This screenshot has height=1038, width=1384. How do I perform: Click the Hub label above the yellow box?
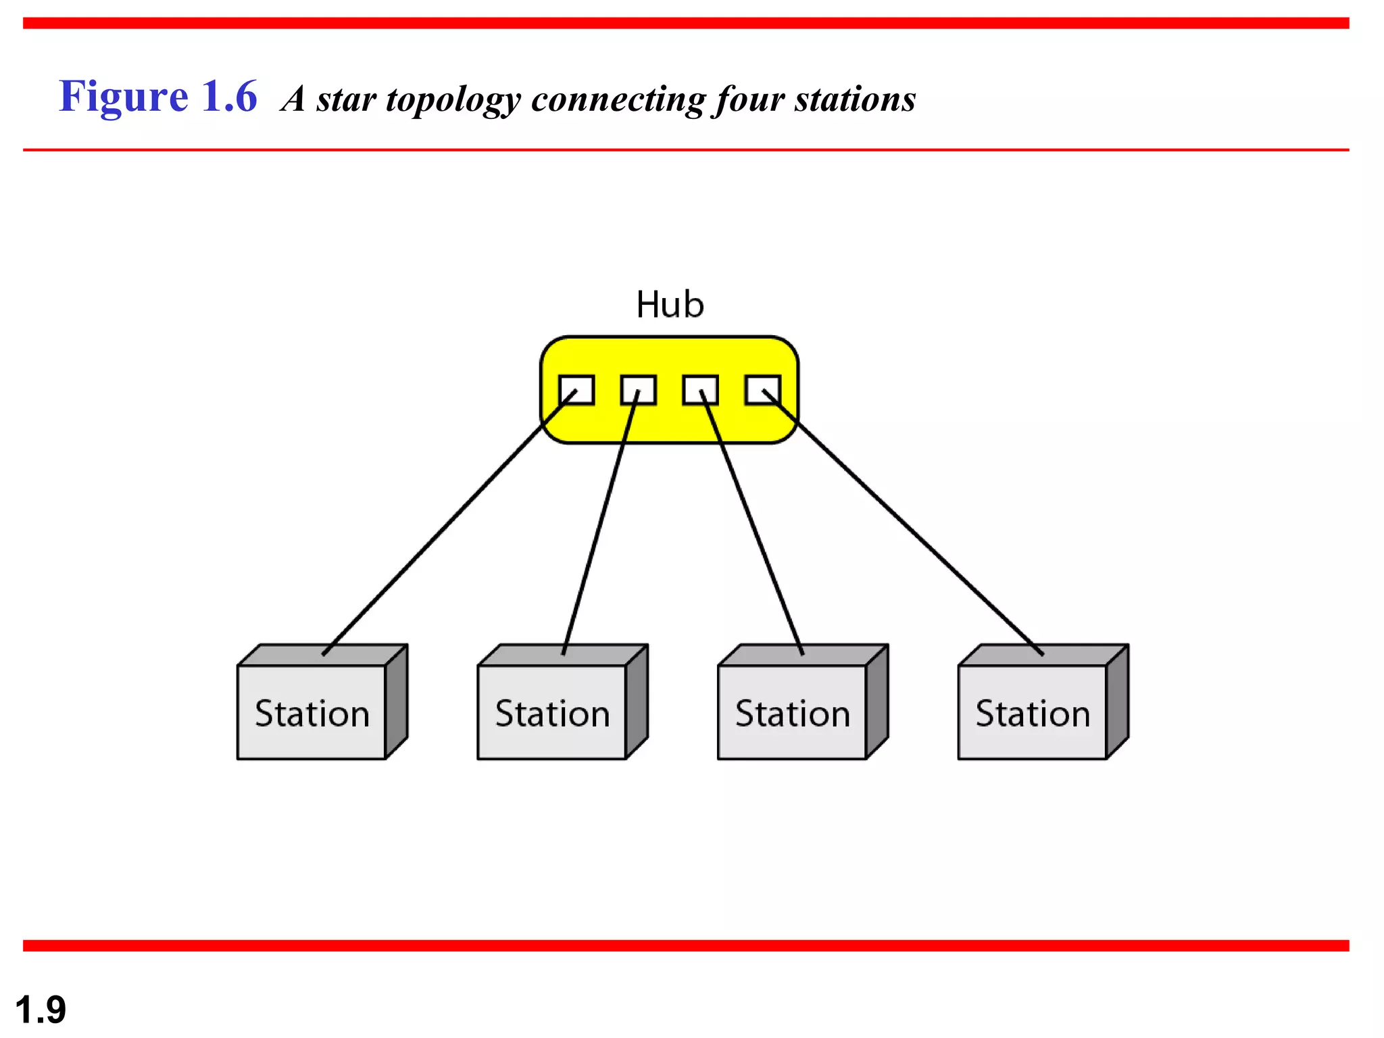tap(670, 305)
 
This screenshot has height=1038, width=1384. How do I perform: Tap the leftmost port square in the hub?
tap(576, 390)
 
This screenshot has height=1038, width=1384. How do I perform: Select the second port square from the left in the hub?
tap(638, 390)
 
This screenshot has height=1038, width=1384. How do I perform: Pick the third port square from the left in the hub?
tap(700, 390)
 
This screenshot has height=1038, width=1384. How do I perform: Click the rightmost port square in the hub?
tap(762, 390)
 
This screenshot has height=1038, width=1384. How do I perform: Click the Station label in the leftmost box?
tap(312, 714)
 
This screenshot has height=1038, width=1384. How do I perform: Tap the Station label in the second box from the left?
tap(552, 714)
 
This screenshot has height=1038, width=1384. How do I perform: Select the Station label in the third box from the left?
tap(793, 714)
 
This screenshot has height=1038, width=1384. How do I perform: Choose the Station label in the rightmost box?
tap(1033, 714)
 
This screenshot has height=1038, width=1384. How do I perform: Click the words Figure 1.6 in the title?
tap(158, 97)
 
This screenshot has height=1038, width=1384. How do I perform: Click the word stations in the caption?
tap(855, 99)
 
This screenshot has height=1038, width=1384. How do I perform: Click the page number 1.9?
tap(41, 1010)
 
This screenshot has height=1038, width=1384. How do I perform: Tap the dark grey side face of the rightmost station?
tap(1118, 703)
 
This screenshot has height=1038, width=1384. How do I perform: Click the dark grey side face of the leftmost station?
tap(397, 703)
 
